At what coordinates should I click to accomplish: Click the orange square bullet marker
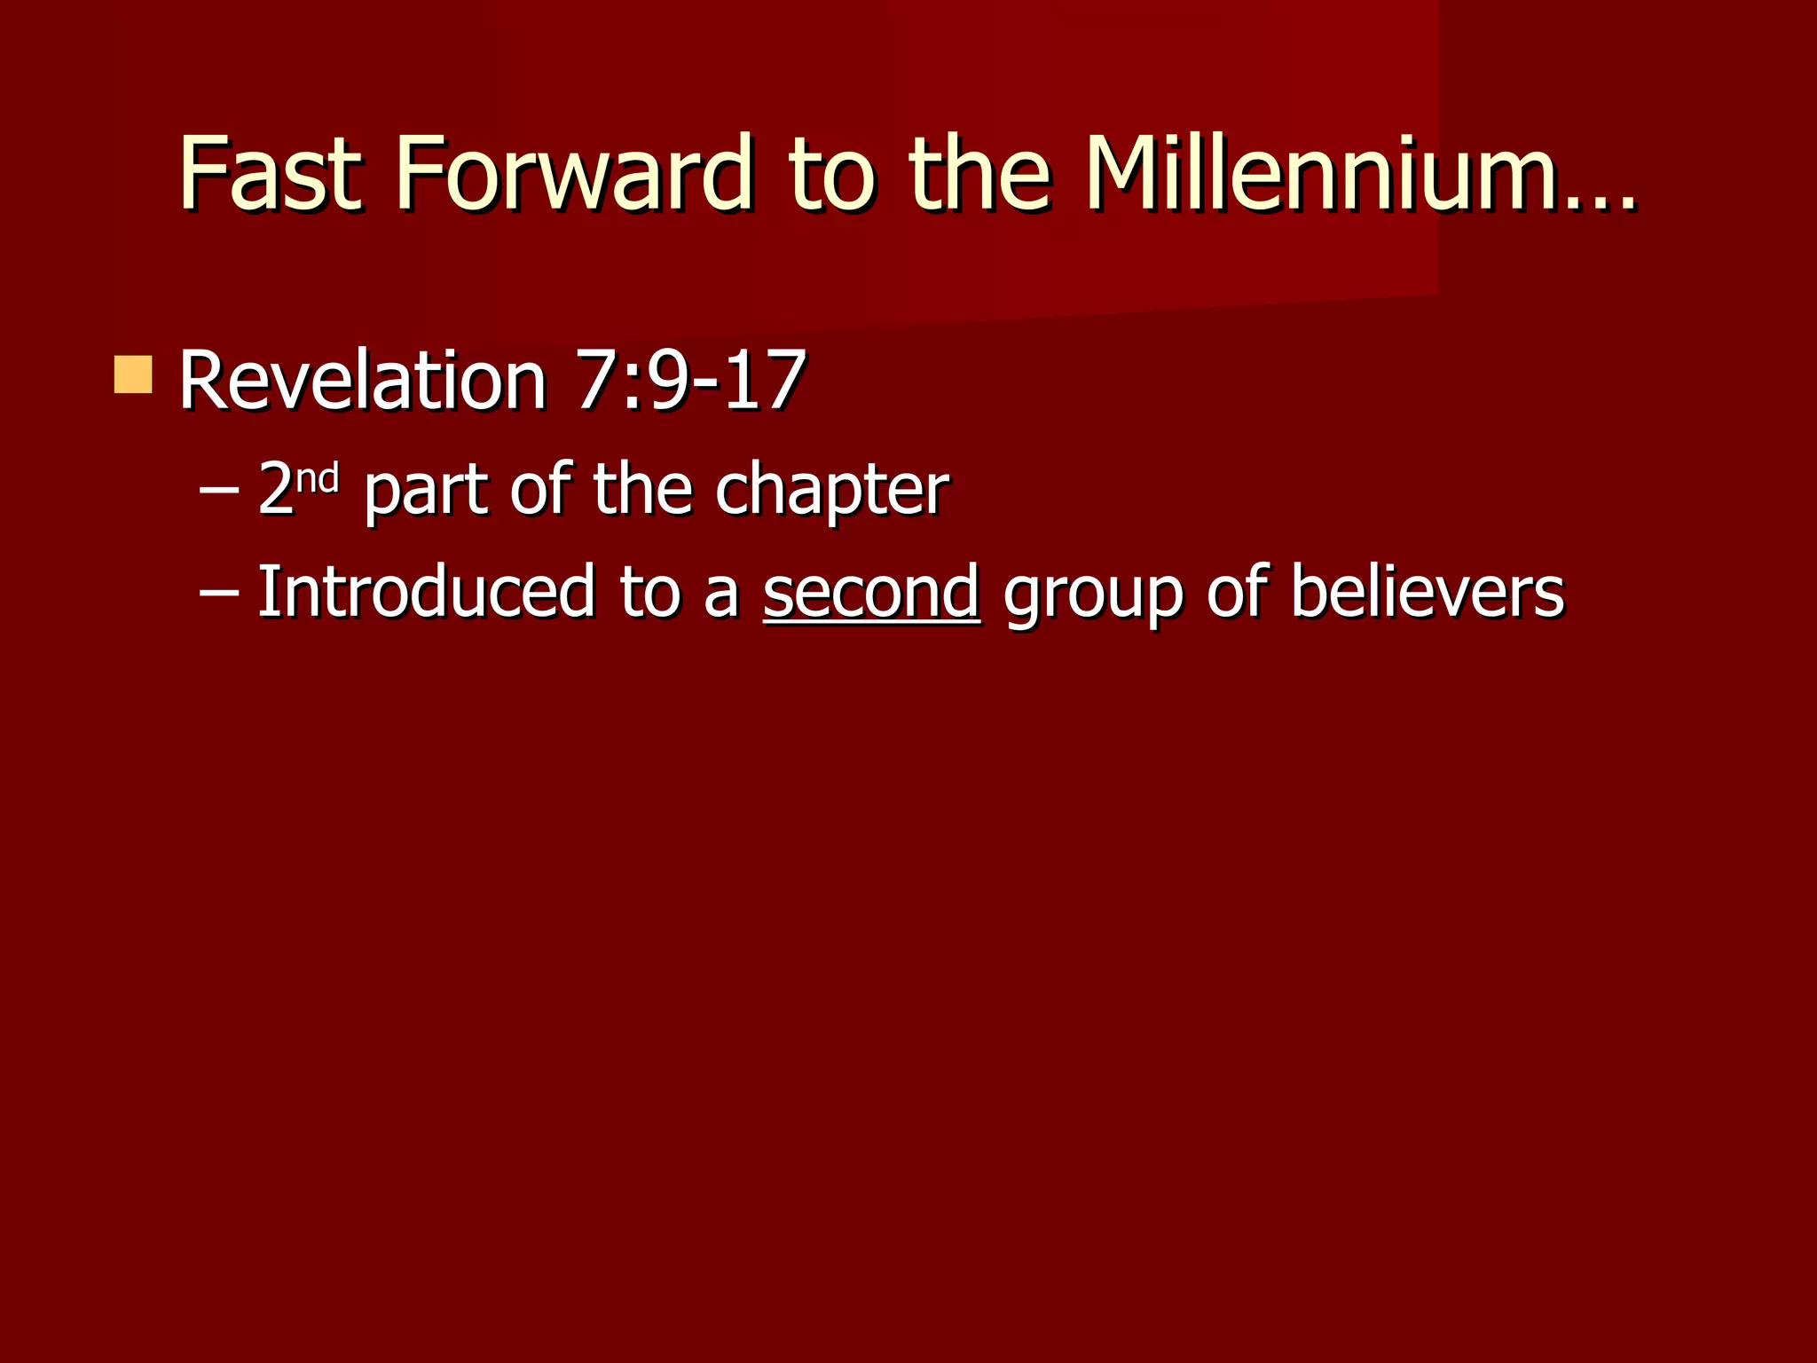(x=133, y=374)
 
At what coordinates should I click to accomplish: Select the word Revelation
(x=362, y=381)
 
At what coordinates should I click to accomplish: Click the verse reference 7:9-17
(x=690, y=381)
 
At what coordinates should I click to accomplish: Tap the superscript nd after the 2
(x=318, y=478)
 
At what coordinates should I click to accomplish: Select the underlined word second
(x=870, y=592)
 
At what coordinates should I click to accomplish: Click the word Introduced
(x=425, y=592)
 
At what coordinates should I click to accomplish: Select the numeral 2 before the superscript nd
(x=275, y=491)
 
